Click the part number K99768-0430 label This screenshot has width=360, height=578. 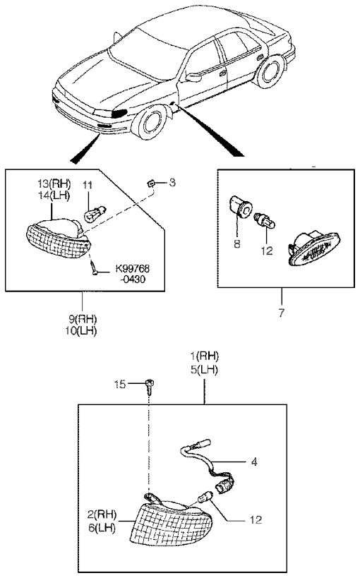tap(133, 273)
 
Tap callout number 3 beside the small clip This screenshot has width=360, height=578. tap(172, 183)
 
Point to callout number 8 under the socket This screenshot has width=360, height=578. tap(237, 243)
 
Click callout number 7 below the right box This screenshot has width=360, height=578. tap(282, 313)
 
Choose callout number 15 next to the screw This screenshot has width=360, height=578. tap(120, 385)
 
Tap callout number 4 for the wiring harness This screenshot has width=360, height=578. tap(254, 461)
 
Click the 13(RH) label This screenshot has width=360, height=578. tap(54, 183)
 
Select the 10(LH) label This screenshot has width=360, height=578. tap(80, 331)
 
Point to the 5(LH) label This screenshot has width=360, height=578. tap(204, 370)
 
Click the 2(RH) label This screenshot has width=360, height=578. tap(102, 514)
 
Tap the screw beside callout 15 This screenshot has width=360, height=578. tap(150, 386)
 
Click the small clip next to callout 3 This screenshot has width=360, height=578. tap(150, 183)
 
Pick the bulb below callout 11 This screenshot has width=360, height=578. tap(95, 214)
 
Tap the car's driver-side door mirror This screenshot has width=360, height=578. tap(193, 77)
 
